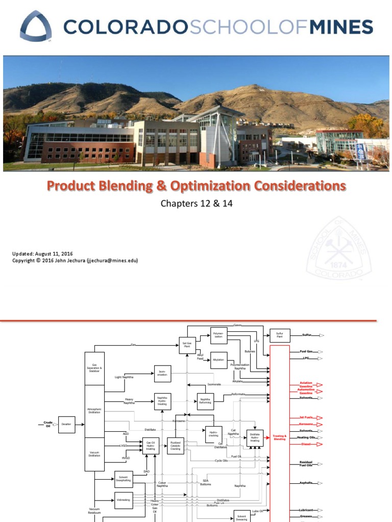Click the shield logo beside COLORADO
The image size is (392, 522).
(x=36, y=27)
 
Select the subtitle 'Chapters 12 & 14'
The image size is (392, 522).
(x=196, y=204)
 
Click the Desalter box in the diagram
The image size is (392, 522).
(x=66, y=424)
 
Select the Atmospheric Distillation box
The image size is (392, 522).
(x=94, y=411)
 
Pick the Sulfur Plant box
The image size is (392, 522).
(x=280, y=335)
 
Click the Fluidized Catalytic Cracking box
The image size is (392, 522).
(x=176, y=445)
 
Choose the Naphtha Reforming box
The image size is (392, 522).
(x=205, y=401)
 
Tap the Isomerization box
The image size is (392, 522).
(x=162, y=374)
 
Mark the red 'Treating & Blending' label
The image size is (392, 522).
(x=279, y=437)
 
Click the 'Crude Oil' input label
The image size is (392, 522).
(x=48, y=424)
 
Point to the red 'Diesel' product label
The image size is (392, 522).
(x=306, y=444)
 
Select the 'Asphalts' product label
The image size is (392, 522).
(x=306, y=483)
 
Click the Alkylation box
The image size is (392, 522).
(x=218, y=360)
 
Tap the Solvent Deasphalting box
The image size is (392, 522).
(x=124, y=479)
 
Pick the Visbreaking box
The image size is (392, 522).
(x=124, y=500)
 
